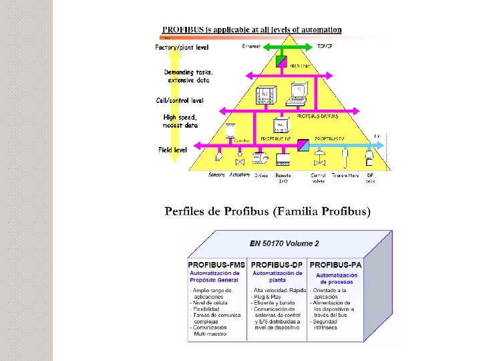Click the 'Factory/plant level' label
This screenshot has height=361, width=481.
click(x=182, y=47)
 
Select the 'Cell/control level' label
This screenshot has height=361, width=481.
click(x=180, y=100)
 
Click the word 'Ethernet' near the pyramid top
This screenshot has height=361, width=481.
click(x=251, y=46)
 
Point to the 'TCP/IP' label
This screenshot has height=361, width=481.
click(x=325, y=46)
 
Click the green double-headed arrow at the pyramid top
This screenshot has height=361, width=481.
click(x=290, y=47)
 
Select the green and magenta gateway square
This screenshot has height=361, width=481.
click(x=281, y=61)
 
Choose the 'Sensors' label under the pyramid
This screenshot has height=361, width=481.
click(x=216, y=174)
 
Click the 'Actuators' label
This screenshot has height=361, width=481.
click(x=239, y=174)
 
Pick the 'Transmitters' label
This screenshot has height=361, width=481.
click(x=344, y=175)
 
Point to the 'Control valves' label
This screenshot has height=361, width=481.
click(x=319, y=178)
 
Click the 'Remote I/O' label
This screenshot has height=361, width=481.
click(x=283, y=178)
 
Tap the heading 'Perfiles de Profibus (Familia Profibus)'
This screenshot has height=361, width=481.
click(x=267, y=212)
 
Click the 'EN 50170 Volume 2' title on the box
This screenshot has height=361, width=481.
click(x=284, y=243)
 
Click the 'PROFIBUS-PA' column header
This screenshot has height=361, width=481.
click(x=335, y=265)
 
